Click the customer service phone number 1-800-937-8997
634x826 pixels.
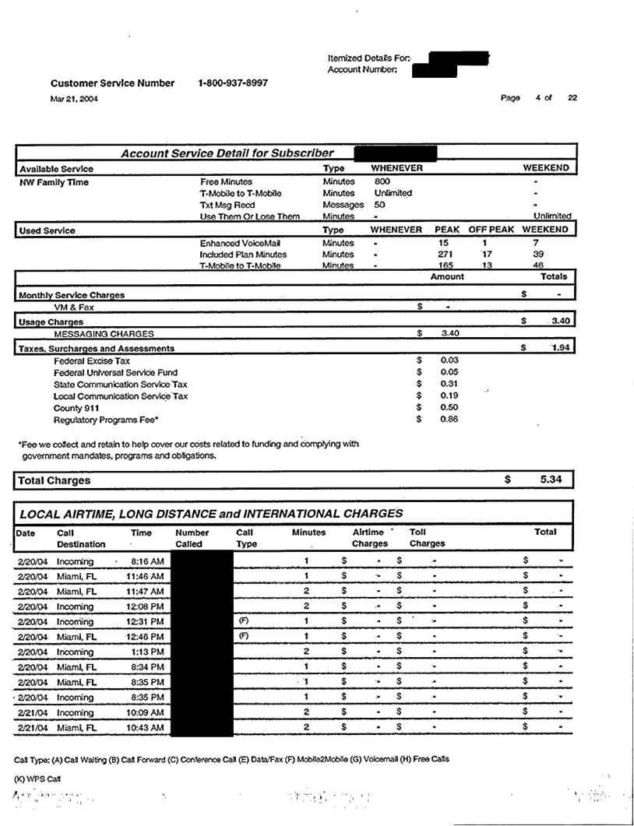point(233,83)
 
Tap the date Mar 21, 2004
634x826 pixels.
point(74,99)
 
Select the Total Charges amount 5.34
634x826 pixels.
point(551,480)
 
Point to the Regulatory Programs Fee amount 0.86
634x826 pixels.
point(449,420)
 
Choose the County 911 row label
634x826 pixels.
point(76,408)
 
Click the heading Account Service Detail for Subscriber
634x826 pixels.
point(227,153)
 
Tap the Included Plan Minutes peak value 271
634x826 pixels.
point(446,255)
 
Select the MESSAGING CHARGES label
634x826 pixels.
point(104,333)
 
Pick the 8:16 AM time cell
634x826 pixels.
point(147,561)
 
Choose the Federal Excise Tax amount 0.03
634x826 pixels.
point(449,360)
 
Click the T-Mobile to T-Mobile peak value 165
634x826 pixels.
point(446,266)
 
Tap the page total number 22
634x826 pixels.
point(572,98)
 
